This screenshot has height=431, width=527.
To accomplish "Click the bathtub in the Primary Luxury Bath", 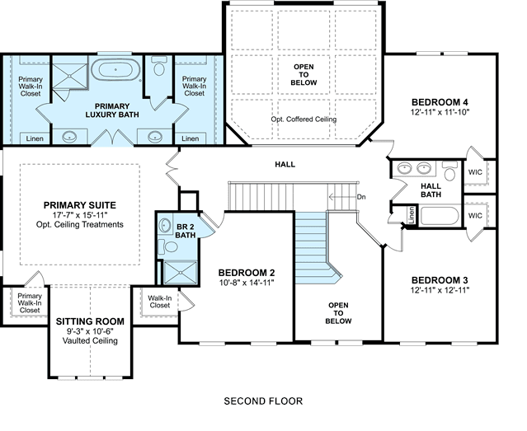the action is (x=115, y=69).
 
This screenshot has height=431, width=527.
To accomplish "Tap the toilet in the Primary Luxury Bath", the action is (x=158, y=66).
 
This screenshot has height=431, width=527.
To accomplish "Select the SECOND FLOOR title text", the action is (x=263, y=401).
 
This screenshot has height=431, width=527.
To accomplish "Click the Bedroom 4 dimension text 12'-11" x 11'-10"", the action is (x=440, y=112).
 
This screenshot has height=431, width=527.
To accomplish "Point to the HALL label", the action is (x=285, y=164).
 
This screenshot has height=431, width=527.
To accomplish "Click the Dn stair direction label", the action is (x=361, y=197).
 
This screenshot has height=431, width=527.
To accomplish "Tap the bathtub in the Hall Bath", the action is (x=440, y=216).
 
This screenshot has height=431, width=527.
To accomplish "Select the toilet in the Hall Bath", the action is (x=449, y=171).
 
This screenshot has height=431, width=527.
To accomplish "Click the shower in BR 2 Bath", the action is (x=180, y=273).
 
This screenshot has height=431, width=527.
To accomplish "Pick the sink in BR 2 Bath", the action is (x=164, y=225).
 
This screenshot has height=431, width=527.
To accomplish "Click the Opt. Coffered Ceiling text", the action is (x=303, y=119).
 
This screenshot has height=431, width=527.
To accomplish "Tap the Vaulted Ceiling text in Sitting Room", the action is (x=90, y=340).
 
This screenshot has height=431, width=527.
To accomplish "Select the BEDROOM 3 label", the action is (x=440, y=280).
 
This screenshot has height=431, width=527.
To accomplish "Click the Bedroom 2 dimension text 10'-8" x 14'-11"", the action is (x=247, y=283).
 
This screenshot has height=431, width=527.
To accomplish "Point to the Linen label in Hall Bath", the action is (x=411, y=214).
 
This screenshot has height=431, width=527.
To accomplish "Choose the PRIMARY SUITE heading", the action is (x=80, y=205).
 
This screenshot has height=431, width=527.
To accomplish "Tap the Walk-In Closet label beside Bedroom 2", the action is (x=160, y=302).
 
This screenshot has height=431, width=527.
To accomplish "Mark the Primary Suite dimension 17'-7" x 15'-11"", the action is (x=80, y=215).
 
